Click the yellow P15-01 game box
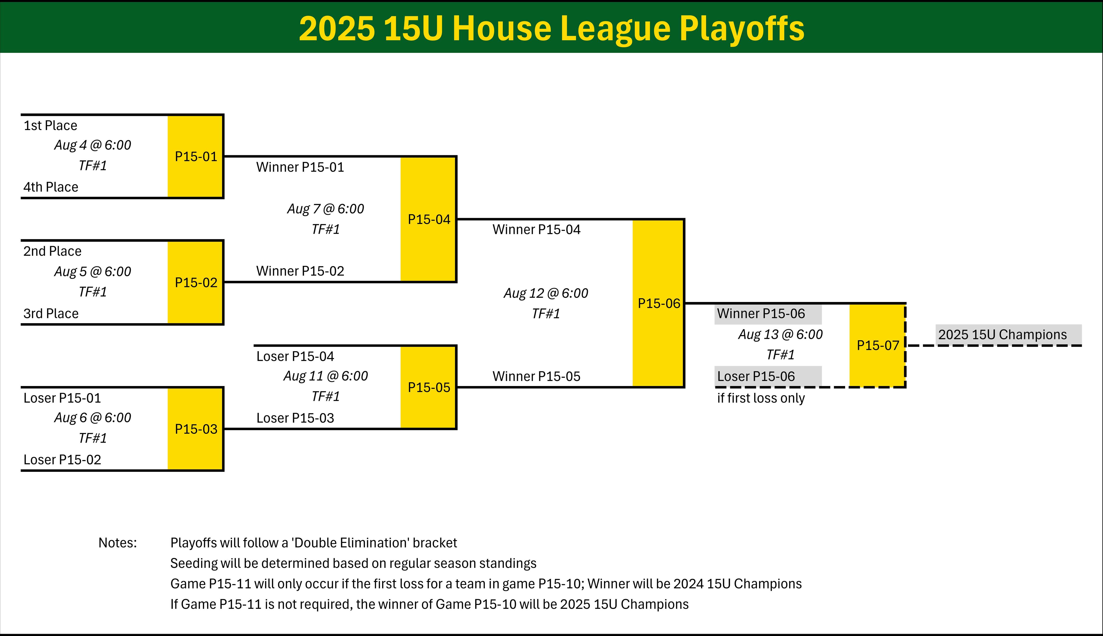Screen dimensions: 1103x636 (x=196, y=156)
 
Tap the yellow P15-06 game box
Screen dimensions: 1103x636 (x=658, y=303)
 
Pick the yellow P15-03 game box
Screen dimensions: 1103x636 (x=196, y=429)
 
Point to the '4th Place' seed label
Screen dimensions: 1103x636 (x=51, y=187)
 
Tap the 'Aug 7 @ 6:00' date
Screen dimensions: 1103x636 (x=326, y=209)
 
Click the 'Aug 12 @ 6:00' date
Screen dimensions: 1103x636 (x=546, y=293)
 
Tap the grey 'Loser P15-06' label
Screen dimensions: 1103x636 (x=768, y=376)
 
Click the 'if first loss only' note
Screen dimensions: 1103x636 (x=761, y=398)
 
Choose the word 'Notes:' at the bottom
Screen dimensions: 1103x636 (x=118, y=543)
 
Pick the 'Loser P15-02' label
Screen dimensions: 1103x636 (x=62, y=459)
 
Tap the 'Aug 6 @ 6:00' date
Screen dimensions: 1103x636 (x=93, y=418)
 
